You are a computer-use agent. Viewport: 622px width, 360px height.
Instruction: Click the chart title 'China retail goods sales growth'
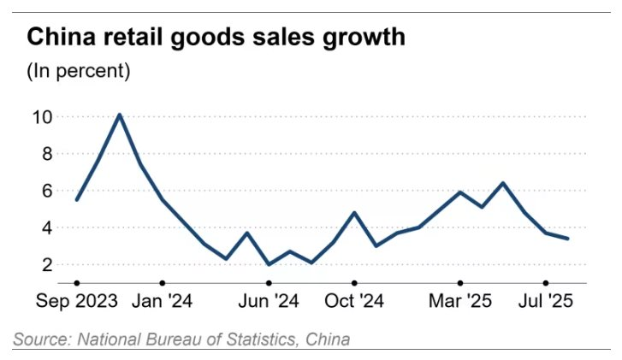[x=216, y=38]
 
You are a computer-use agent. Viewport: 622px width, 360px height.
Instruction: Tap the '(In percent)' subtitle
[x=78, y=71]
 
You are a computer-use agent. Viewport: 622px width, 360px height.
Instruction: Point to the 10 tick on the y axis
[x=40, y=116]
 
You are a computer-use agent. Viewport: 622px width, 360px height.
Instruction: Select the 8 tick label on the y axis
[x=45, y=154]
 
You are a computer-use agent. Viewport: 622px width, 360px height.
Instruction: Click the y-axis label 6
[x=45, y=192]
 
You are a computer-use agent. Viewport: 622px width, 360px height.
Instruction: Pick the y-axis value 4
[x=45, y=228]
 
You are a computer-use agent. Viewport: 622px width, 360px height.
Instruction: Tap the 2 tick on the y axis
[x=45, y=265]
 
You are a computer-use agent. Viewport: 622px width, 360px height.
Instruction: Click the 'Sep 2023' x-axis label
[x=76, y=301]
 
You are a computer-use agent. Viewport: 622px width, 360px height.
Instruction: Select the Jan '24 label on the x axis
[x=163, y=301]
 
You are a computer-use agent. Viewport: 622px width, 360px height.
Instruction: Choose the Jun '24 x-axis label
[x=270, y=301]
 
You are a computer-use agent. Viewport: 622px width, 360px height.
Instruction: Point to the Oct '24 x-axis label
[x=354, y=301]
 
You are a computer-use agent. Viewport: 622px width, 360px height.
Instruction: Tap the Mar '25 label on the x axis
[x=460, y=301]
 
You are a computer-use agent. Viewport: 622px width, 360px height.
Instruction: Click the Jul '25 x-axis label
[x=546, y=301]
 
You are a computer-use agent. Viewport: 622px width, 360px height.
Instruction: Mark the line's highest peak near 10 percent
[x=120, y=115]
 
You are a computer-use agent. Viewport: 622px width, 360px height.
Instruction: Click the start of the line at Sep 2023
[x=77, y=199]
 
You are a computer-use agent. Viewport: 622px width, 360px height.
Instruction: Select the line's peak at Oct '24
[x=354, y=213]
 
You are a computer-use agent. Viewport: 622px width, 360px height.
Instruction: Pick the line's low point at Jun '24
[x=270, y=264]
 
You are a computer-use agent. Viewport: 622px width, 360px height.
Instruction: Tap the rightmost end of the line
[x=568, y=239]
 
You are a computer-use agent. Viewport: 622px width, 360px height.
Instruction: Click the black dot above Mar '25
[x=460, y=282]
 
